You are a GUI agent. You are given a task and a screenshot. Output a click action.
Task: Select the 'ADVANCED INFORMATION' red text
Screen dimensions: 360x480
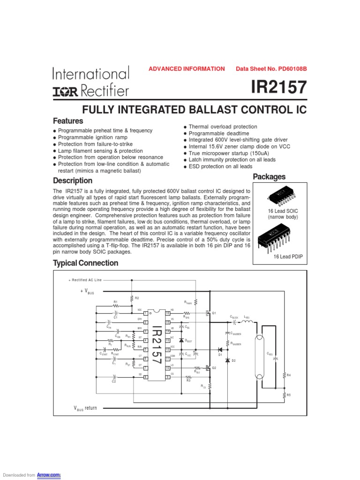tap(187, 69)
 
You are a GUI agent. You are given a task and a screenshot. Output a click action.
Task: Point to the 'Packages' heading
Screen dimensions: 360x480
tap(269, 177)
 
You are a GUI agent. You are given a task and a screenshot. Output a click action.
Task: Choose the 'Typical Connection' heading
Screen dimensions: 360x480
tap(85, 263)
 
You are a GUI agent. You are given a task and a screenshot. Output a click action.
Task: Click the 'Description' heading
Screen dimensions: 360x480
tap(73, 180)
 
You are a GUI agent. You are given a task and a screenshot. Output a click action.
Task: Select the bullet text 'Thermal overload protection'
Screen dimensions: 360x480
tap(223, 127)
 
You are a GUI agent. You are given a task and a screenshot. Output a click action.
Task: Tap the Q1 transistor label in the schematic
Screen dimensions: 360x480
tap(214, 313)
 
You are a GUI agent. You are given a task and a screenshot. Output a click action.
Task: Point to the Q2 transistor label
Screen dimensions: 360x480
tap(214, 368)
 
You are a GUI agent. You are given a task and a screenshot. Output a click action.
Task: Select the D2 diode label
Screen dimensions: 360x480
tap(233, 360)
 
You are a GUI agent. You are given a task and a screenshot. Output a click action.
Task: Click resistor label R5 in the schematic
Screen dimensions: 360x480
tap(289, 395)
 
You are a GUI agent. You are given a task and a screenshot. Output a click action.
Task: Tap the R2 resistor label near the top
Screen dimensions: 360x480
tap(137, 298)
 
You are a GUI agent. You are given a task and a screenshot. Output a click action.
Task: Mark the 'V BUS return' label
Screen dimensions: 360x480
tap(85, 408)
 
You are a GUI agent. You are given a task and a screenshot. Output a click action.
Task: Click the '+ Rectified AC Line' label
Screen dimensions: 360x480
tap(85, 280)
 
